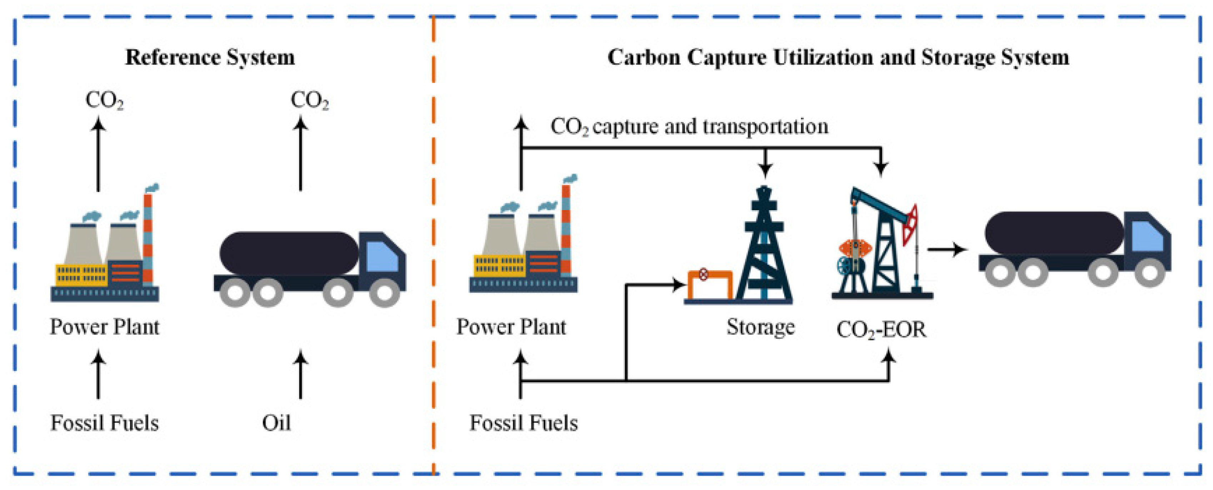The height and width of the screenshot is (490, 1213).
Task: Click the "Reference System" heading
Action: point(210,58)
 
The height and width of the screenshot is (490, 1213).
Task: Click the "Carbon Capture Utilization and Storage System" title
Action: point(838,58)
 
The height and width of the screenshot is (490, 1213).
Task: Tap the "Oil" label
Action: point(276,422)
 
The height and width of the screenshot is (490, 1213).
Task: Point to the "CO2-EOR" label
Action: point(881,329)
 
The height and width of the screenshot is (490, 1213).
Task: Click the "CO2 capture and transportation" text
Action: point(689,126)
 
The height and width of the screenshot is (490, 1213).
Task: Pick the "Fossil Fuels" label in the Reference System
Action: point(105,422)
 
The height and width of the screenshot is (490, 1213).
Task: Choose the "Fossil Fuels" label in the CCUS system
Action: point(523,422)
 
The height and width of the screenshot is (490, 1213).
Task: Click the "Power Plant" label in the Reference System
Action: point(105,327)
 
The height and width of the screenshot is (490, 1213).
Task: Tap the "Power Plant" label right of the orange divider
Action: point(511,327)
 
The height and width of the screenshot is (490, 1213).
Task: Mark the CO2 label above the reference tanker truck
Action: point(309,100)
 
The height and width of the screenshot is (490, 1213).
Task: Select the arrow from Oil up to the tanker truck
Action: point(300,375)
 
